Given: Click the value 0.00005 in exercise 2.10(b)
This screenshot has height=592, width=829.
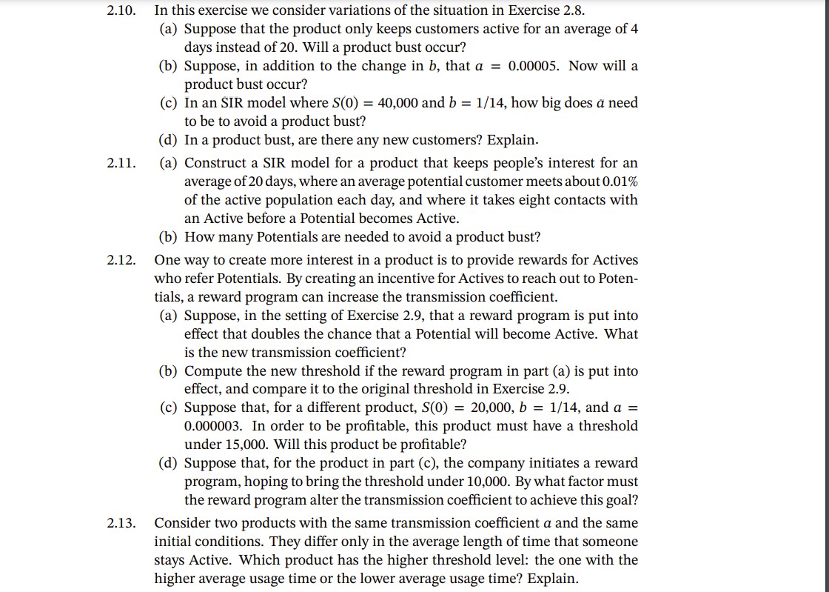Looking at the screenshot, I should (x=536, y=66).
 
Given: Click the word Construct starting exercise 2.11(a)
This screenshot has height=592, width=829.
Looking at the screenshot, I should (x=215, y=163).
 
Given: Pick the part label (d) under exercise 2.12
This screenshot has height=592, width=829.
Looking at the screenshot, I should (x=170, y=463).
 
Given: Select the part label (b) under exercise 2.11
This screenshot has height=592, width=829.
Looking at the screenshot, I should (x=170, y=237).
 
